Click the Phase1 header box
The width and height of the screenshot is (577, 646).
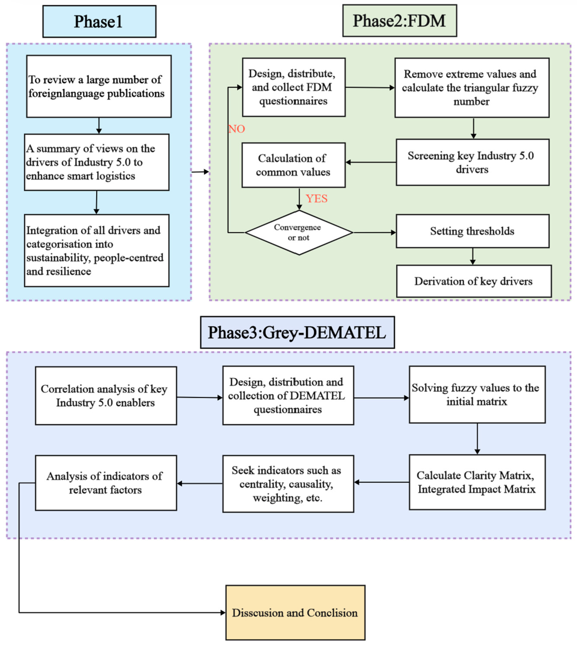click(x=99, y=21)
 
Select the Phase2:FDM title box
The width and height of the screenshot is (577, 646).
click(x=400, y=21)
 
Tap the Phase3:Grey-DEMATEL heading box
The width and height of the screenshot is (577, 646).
click(x=297, y=332)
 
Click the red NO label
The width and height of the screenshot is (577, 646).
click(x=237, y=129)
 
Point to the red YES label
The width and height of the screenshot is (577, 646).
click(x=316, y=199)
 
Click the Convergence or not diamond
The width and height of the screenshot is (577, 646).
click(x=299, y=233)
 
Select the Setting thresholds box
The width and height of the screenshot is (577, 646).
click(x=472, y=231)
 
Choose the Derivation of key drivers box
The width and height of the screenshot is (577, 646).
click(x=474, y=281)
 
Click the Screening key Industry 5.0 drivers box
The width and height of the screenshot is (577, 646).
click(x=472, y=162)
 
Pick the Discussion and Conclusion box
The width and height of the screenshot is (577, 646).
click(x=295, y=612)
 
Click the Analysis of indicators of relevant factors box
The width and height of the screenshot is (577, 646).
click(x=106, y=483)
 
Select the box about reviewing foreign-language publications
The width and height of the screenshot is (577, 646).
click(x=99, y=86)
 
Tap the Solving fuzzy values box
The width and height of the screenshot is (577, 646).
click(x=477, y=394)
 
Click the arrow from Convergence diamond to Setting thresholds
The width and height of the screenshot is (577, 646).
click(x=375, y=233)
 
